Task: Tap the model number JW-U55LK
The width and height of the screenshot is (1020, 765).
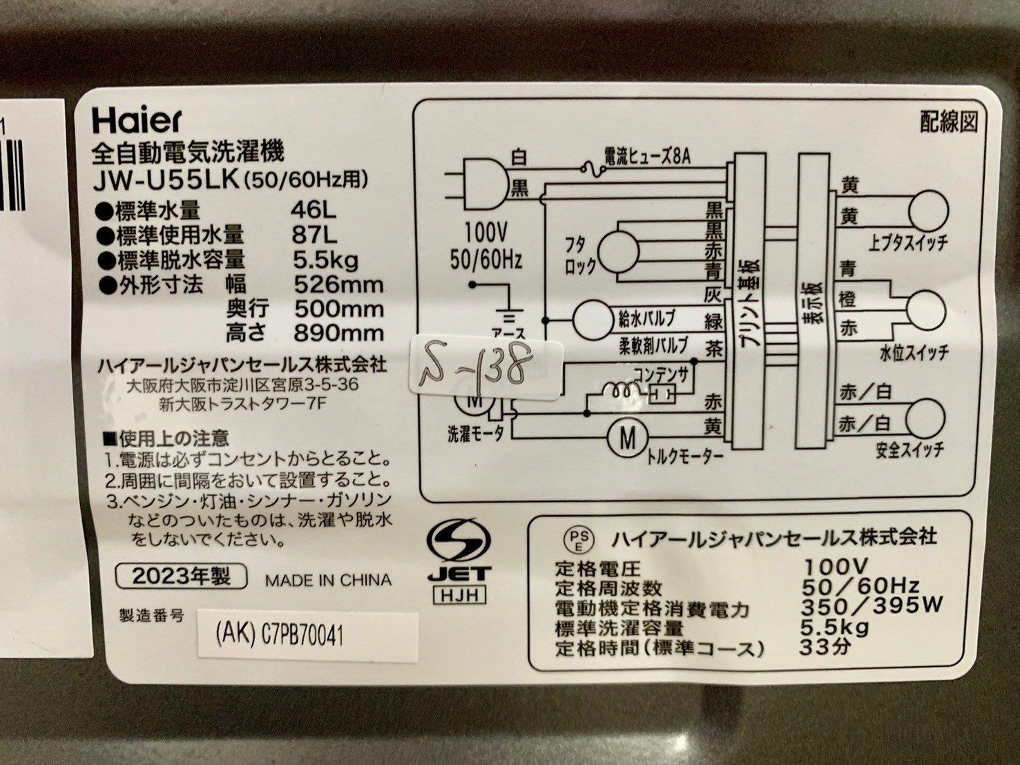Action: click(x=166, y=181)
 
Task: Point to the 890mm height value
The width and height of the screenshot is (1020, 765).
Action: click(x=338, y=333)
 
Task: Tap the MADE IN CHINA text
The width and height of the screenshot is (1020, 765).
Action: click(x=329, y=580)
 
